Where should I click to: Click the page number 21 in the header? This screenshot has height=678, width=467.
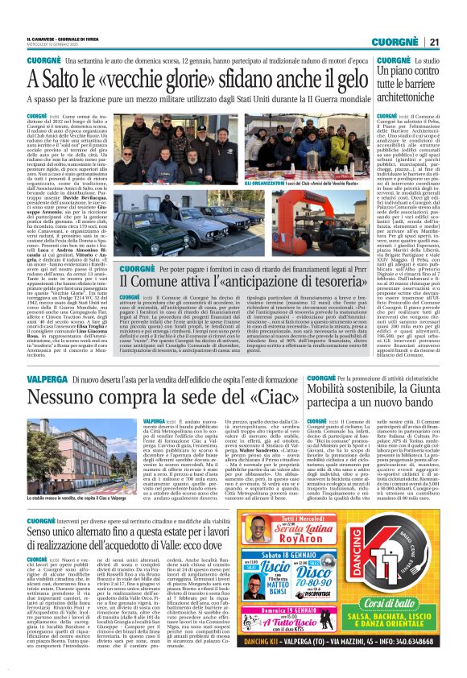tap(434, 41)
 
